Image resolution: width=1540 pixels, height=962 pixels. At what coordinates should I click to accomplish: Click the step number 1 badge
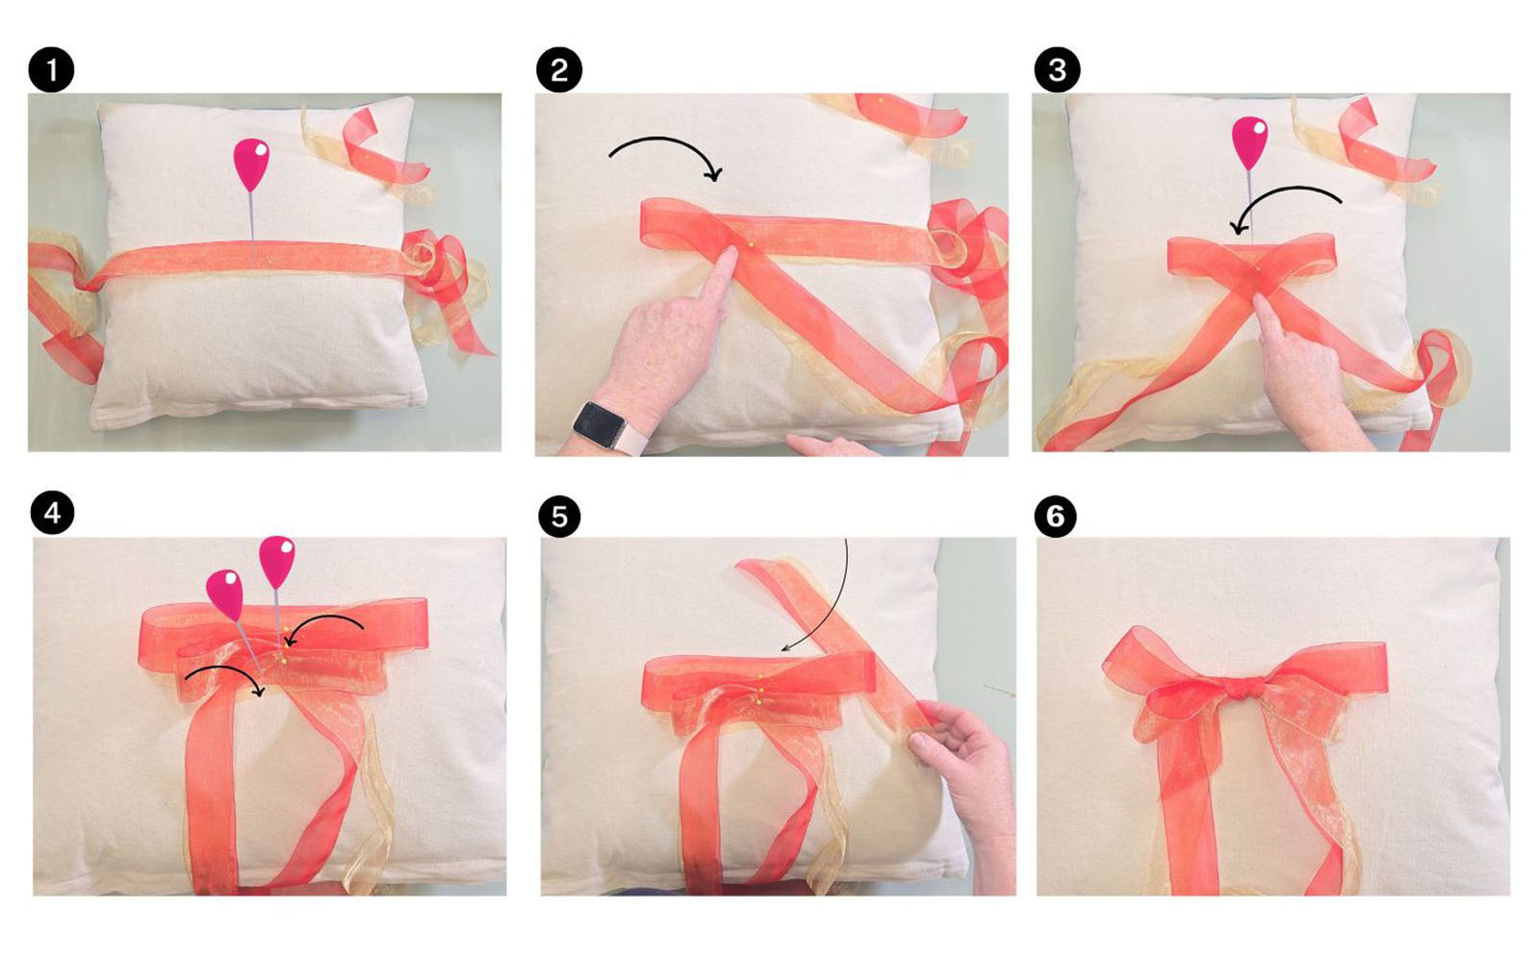(x=51, y=69)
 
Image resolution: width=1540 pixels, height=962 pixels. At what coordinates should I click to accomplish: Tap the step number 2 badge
(x=559, y=69)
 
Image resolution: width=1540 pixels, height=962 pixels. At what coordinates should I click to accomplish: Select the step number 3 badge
(x=1057, y=69)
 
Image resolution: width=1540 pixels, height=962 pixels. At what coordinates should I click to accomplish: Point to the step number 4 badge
(x=52, y=514)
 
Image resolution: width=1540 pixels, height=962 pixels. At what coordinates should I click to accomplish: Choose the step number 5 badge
(x=559, y=516)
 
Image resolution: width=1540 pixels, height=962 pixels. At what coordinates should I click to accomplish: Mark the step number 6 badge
(x=1055, y=516)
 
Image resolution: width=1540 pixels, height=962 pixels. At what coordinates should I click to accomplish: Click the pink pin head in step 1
(x=251, y=165)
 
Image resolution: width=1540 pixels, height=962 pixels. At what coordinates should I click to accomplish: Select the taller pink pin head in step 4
(x=277, y=562)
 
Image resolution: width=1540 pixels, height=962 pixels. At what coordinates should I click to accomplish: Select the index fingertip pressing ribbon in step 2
(x=728, y=257)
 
